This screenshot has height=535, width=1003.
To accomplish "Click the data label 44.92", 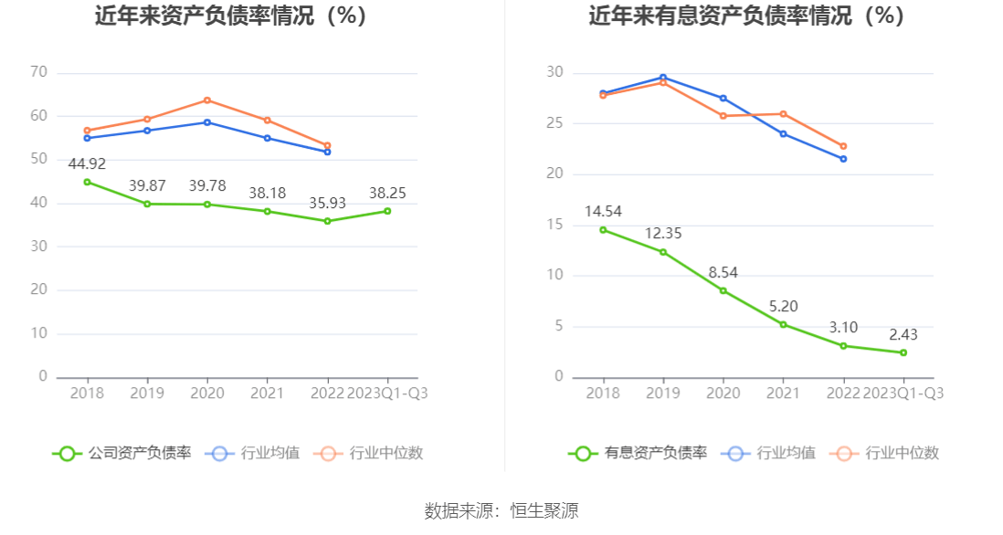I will point(87,164).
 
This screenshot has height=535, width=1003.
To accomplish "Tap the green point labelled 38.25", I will point(387,211).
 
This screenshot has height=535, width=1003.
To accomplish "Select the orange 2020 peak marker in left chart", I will point(207,100).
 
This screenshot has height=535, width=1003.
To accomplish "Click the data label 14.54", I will point(603,212).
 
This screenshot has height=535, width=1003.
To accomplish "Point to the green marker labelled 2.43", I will point(903,352).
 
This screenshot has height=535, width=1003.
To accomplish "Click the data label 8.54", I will point(723,272).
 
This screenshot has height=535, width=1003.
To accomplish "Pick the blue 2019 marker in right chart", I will point(663,78).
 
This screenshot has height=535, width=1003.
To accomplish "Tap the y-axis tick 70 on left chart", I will point(38,72).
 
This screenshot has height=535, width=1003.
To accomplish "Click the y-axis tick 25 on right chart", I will point(554,123).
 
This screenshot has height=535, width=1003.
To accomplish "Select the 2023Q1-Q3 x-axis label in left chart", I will point(387,393).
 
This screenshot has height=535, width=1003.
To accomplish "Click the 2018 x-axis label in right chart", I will point(603,393).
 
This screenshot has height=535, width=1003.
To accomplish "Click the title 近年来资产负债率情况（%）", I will point(230,16).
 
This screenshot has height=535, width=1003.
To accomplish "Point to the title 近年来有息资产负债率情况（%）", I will point(746,16).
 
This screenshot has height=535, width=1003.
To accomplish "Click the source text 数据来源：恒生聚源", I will point(501,511).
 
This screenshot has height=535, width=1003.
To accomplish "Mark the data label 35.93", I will point(327,203).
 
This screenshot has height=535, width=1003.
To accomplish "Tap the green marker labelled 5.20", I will point(783,324).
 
